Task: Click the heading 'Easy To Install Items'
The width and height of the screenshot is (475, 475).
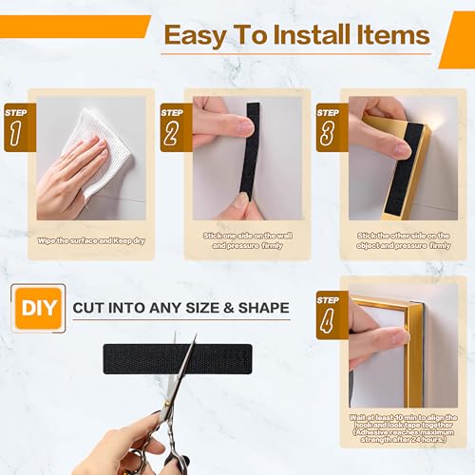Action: (x=295, y=36)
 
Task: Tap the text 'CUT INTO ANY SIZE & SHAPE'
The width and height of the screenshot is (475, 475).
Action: (x=180, y=309)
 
